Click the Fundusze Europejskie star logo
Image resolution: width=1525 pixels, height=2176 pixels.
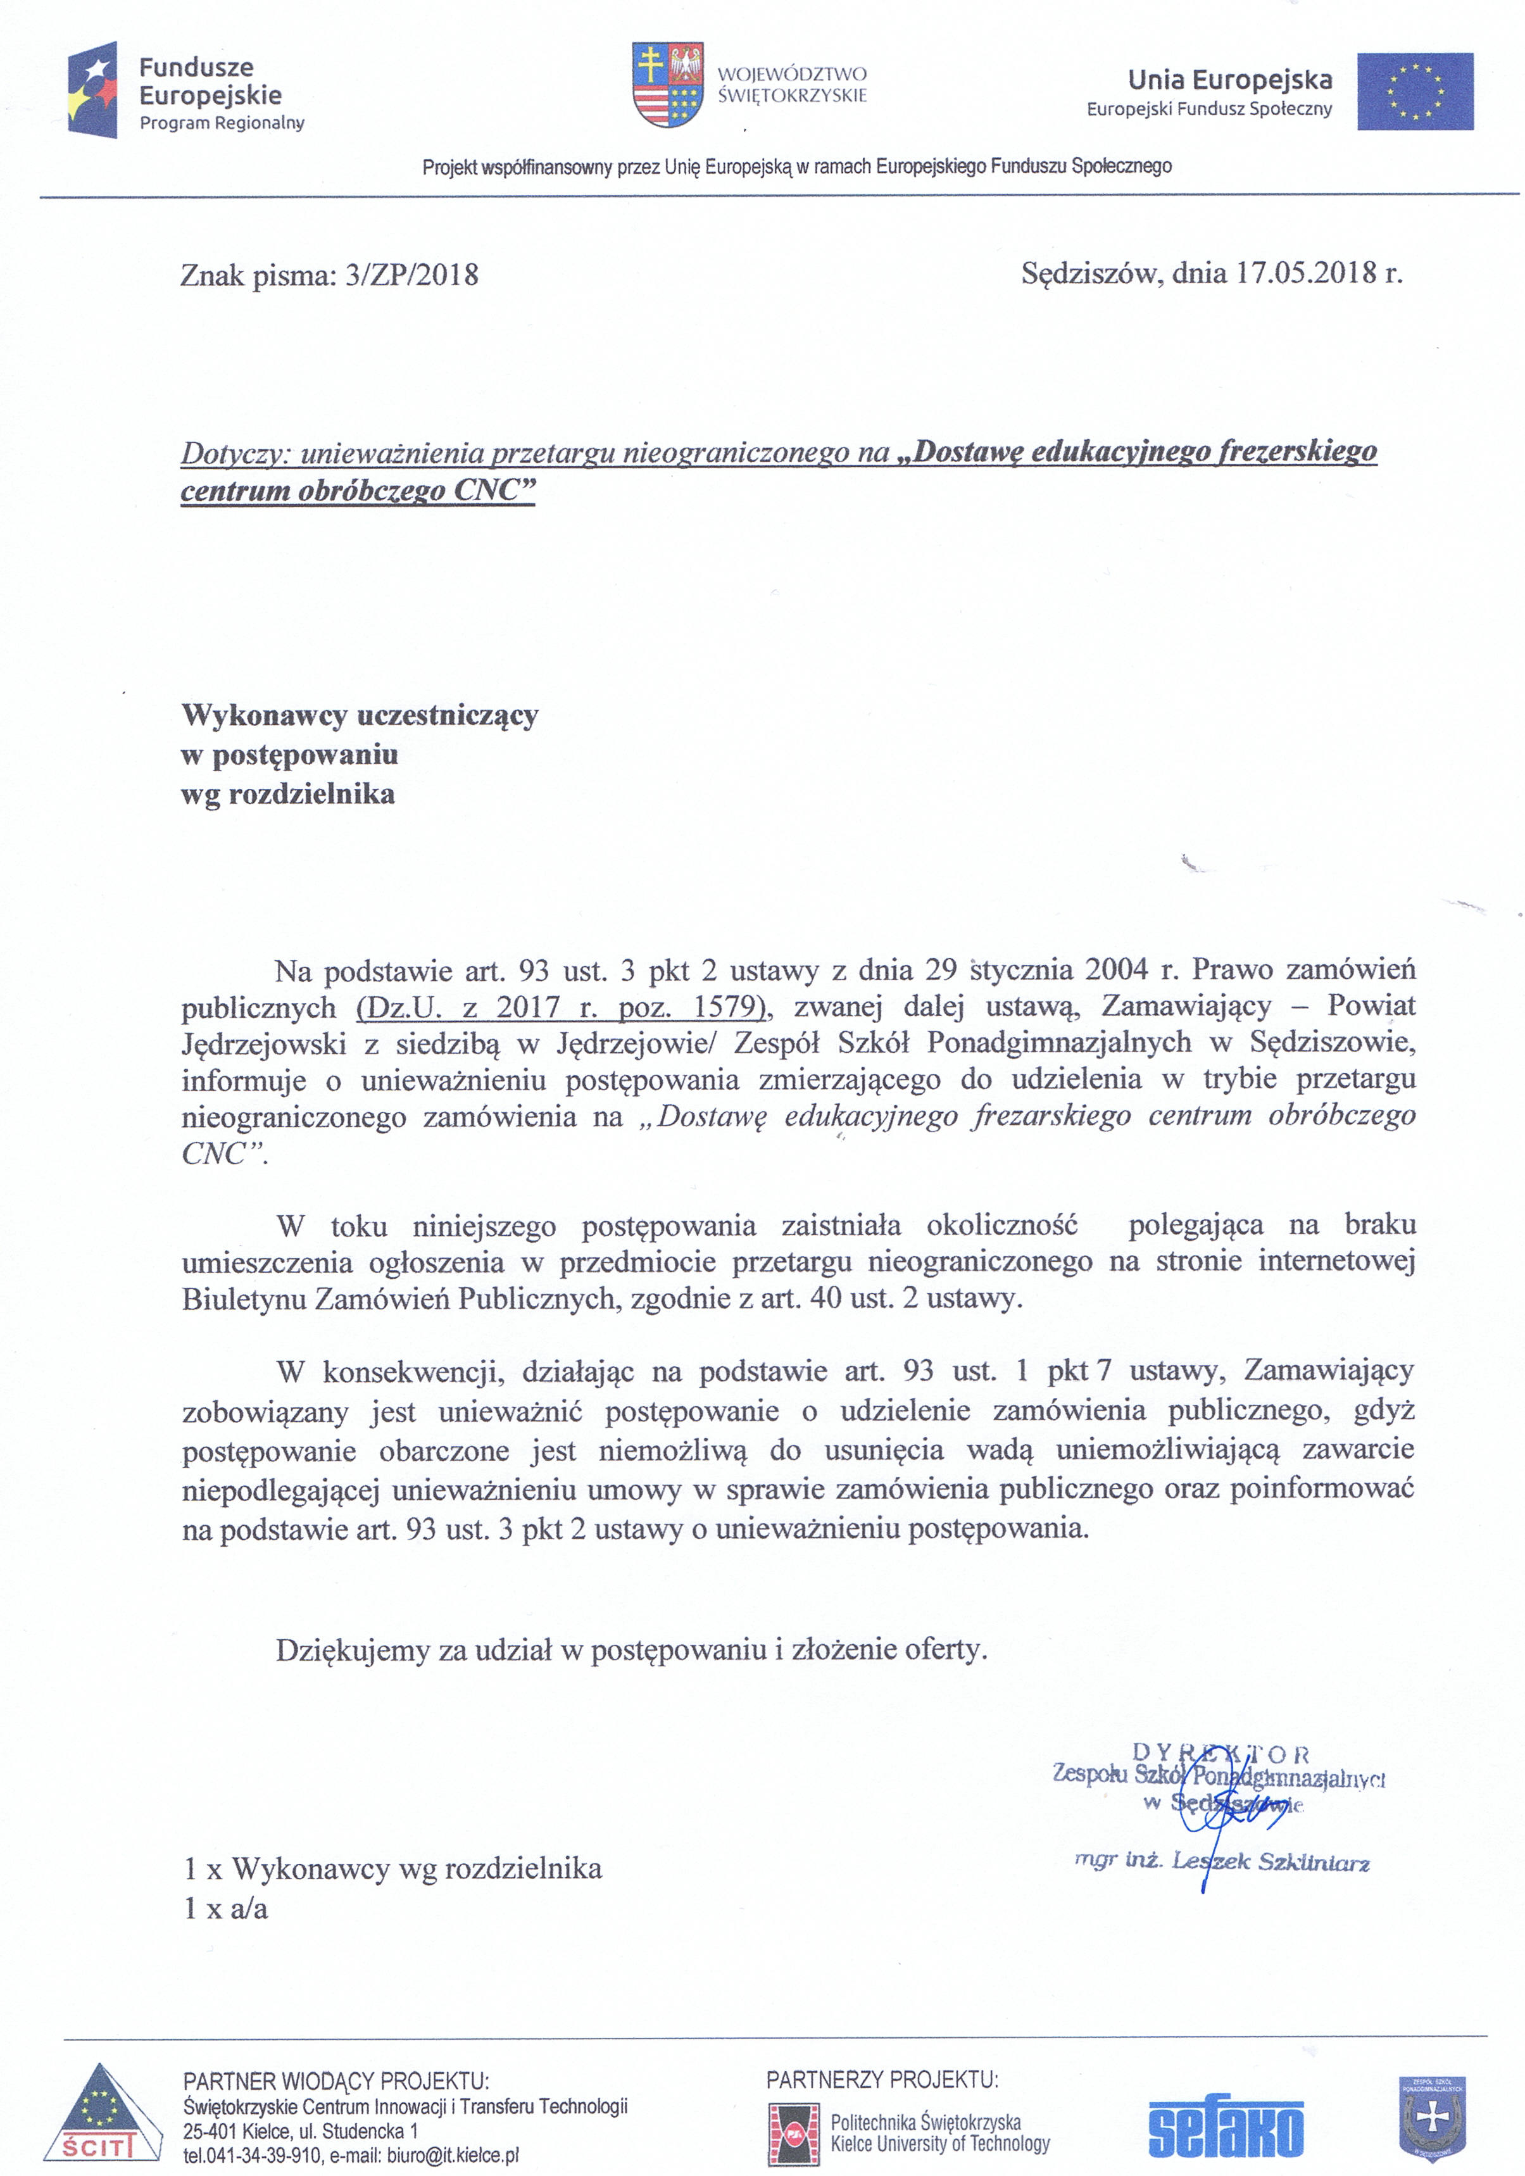coord(93,90)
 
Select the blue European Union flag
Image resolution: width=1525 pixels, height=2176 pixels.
coord(1414,91)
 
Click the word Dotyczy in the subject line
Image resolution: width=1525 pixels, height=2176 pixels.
coord(232,453)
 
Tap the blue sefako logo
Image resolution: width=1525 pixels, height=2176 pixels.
coord(1226,2128)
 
